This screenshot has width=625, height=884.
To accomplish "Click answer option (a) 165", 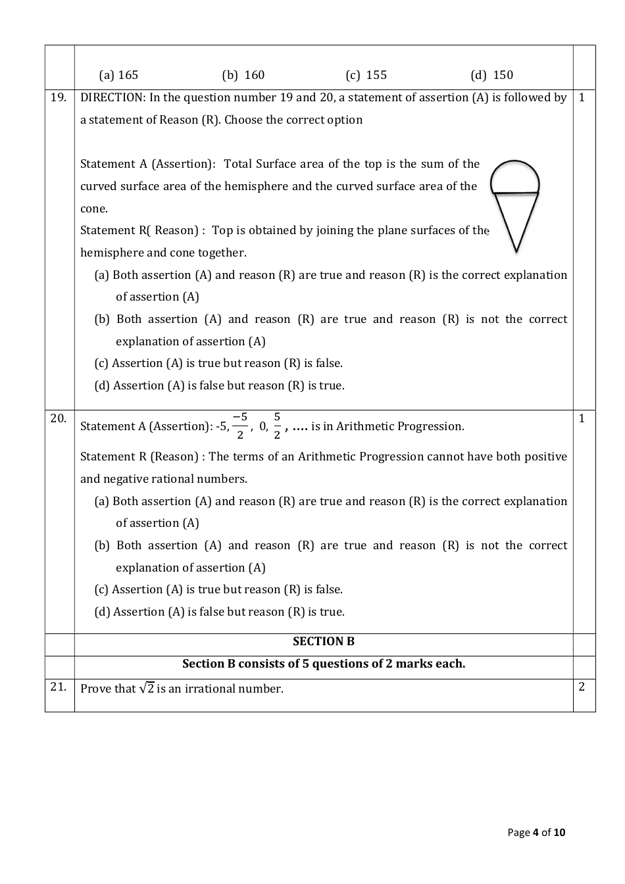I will tap(118, 75).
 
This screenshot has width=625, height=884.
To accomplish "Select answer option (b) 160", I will tap(243, 75).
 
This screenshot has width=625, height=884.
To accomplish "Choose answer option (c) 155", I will tap(366, 75).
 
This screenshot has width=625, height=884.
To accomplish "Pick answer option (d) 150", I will tap(492, 75).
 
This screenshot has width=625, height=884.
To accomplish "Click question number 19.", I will tap(59, 97).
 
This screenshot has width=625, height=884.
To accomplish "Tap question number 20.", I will tap(59, 418).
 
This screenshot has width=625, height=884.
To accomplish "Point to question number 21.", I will tap(59, 687).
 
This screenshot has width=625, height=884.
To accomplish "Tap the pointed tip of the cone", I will tap(516, 251).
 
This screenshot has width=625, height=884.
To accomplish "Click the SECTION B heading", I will tap(324, 641).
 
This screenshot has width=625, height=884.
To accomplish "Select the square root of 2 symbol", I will tap(147, 688).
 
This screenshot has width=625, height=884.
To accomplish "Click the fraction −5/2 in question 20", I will tap(240, 426).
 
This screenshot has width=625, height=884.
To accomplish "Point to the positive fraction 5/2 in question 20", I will tap(277, 426).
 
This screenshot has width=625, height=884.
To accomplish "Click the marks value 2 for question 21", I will tap(582, 687).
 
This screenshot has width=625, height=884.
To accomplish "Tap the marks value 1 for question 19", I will tap(582, 97).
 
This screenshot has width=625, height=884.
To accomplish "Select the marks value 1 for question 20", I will tap(582, 418).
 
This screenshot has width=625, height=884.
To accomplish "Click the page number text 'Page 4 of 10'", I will tap(536, 833).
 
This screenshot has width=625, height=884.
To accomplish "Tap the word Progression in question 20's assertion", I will tap(434, 426).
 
